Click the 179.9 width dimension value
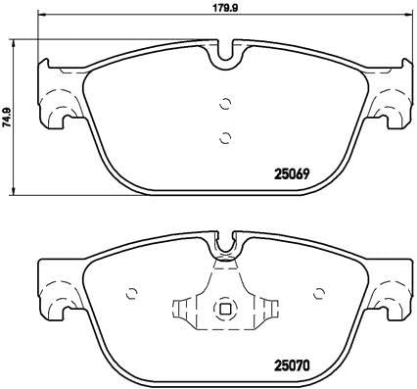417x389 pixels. pyautogui.click(x=225, y=8)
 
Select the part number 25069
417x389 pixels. pyautogui.click(x=293, y=174)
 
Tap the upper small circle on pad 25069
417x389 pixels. pyautogui.click(x=225, y=104)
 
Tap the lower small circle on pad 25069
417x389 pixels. pyautogui.click(x=225, y=138)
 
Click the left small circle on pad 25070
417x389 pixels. pyautogui.click(x=131, y=293)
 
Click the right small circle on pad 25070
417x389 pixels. pyautogui.click(x=319, y=293)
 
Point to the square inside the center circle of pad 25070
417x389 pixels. pyautogui.click(x=225, y=309)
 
